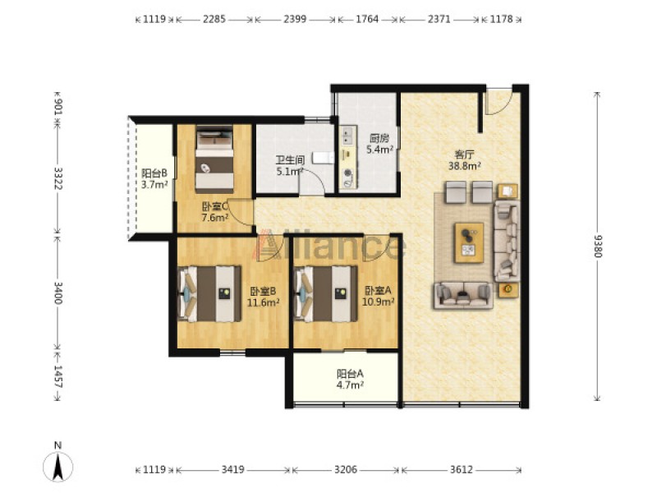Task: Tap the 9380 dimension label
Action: click(598, 246)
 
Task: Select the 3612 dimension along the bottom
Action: click(462, 469)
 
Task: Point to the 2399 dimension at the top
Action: click(295, 19)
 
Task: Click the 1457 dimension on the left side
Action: click(57, 377)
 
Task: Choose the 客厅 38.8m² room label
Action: click(464, 160)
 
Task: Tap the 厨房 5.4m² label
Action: click(379, 144)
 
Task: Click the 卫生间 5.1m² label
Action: click(290, 166)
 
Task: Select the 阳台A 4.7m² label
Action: click(350, 379)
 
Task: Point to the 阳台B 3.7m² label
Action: click(154, 178)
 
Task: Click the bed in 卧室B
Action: click(209, 293)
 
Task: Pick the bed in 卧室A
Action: click(326, 293)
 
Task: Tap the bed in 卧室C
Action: click(214, 159)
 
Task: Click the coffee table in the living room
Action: click(469, 242)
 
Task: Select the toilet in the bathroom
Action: click(324, 158)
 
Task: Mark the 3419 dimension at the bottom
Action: click(233, 469)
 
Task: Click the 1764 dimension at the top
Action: click(367, 19)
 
